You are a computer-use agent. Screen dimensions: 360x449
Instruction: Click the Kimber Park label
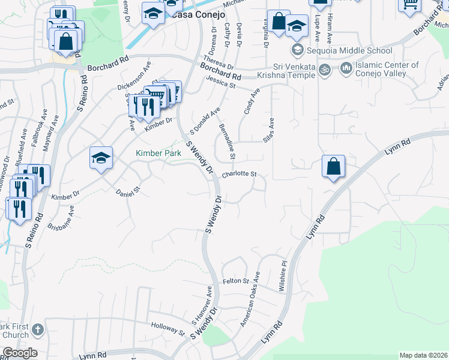[157, 154]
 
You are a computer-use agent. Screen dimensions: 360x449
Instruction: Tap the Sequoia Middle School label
[350, 50]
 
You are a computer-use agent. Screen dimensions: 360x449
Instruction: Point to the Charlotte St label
[239, 175]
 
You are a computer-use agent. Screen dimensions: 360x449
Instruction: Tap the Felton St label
[235, 281]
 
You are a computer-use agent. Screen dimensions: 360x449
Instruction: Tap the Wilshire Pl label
[283, 275]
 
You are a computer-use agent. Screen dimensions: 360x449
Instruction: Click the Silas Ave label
[269, 130]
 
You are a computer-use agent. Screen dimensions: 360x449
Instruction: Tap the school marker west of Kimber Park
[101, 158]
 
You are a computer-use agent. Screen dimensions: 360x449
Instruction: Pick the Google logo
[20, 353]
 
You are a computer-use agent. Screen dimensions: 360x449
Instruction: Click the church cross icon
[37, 329]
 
